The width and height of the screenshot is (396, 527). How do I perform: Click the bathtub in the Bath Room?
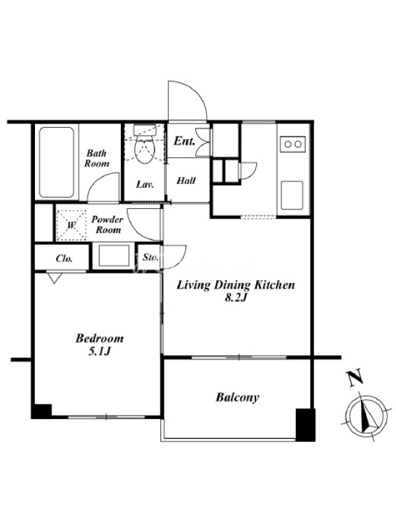[57, 162]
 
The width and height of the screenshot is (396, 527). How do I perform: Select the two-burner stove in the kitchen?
[292, 144]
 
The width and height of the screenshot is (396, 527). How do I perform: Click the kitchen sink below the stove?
[292, 195]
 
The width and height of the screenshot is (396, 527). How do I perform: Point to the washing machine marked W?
[71, 225]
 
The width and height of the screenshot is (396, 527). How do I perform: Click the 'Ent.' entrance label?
[185, 141]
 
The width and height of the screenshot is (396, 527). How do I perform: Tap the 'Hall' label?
[186, 180]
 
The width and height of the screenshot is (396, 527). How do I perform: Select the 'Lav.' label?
[145, 184]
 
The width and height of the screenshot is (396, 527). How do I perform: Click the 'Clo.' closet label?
[64, 258]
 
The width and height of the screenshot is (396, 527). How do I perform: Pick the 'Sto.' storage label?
[150, 258]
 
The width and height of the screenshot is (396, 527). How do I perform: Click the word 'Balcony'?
[238, 397]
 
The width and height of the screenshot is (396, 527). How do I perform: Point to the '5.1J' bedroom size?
[100, 352]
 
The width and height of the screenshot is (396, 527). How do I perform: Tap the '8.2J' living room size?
[236, 298]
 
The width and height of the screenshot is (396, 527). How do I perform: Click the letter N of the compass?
[356, 377]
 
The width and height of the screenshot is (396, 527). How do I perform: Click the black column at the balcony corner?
[306, 424]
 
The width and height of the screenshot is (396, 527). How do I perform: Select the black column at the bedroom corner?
[42, 411]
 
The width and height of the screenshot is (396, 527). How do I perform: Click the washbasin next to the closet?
[114, 256]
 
